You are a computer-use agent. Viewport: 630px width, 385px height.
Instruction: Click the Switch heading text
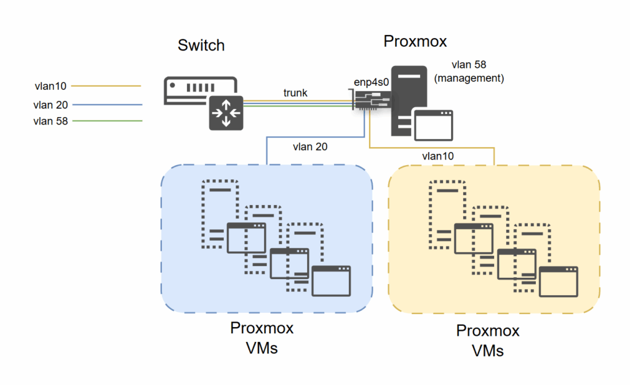click(x=201, y=46)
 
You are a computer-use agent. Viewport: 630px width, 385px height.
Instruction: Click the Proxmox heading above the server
click(x=415, y=41)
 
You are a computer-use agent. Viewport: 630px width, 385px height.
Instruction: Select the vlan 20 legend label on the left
click(x=50, y=105)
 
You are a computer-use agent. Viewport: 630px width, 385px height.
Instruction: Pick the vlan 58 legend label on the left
click(x=51, y=121)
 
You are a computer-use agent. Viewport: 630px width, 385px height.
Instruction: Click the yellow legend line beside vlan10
click(x=107, y=86)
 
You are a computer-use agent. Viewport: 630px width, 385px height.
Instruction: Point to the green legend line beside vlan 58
click(x=107, y=121)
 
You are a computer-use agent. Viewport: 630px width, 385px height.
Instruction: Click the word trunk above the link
click(x=295, y=93)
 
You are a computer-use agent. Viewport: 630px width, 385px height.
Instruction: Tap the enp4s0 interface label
click(x=373, y=82)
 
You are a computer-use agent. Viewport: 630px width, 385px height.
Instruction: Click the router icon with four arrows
click(x=226, y=113)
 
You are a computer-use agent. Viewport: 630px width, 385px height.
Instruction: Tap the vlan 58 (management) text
click(x=478, y=71)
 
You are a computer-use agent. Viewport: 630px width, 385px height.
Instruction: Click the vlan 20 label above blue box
click(x=309, y=147)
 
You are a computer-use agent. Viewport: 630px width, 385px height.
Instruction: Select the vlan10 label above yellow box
click(x=438, y=156)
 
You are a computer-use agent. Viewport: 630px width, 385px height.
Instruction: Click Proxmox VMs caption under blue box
click(x=262, y=338)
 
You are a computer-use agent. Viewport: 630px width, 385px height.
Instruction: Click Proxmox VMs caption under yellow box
click(x=488, y=341)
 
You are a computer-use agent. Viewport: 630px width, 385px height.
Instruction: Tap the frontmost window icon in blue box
click(x=331, y=282)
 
